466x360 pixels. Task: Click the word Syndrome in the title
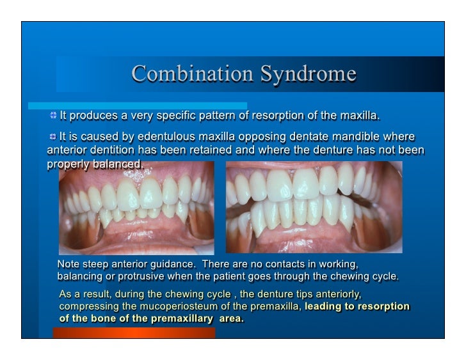(x=308, y=74)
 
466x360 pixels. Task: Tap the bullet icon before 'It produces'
(x=53, y=116)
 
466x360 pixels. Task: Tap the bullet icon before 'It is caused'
(x=52, y=137)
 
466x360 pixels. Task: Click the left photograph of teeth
(x=136, y=208)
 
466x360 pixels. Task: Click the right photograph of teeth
(x=314, y=208)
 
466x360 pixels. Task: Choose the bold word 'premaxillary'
(x=181, y=318)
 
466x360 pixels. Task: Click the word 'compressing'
(x=86, y=306)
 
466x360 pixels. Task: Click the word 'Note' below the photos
(x=69, y=264)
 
